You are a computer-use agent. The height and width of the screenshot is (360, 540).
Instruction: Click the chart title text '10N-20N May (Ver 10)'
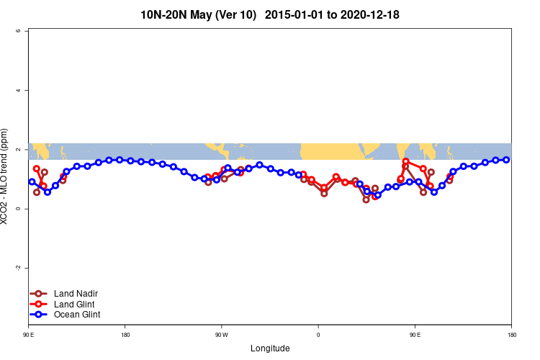pyautogui.click(x=198, y=14)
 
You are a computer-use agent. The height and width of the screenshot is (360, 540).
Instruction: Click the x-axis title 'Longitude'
pyautogui.click(x=270, y=348)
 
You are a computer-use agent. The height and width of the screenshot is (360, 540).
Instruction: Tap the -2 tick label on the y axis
pyautogui.click(x=18, y=268)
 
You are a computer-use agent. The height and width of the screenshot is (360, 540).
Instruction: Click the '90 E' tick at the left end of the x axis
pyautogui.click(x=29, y=335)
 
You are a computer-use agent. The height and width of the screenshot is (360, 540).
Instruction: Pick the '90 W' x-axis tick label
pyautogui.click(x=221, y=335)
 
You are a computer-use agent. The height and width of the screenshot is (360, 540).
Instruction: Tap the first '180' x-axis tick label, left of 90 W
pyautogui.click(x=125, y=335)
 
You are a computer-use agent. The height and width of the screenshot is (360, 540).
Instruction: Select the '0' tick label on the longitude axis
pyautogui.click(x=318, y=335)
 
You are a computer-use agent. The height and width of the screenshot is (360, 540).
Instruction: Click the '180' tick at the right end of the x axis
pyautogui.click(x=510, y=335)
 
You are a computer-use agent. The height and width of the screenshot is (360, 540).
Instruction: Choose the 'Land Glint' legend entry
pyautogui.click(x=75, y=304)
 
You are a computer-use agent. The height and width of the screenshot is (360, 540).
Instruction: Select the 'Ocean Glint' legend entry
pyautogui.click(x=77, y=315)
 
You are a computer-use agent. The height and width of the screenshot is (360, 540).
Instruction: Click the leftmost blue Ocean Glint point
pyautogui.click(x=32, y=182)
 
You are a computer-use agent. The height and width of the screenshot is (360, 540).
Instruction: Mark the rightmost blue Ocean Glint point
pyautogui.click(x=506, y=160)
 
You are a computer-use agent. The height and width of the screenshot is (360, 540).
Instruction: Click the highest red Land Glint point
pyautogui.click(x=406, y=161)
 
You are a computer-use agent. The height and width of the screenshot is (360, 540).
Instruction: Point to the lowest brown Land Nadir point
pyautogui.click(x=366, y=199)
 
